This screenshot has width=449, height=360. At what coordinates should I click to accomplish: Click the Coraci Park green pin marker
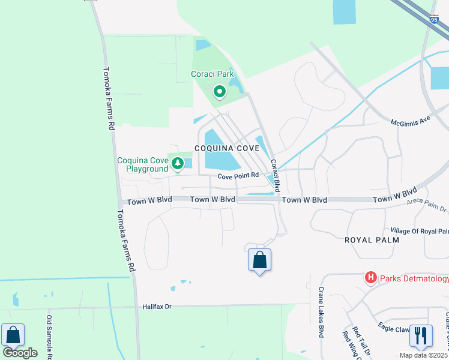coord(220,92)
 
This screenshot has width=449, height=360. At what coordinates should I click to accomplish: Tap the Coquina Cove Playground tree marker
coord(178,163)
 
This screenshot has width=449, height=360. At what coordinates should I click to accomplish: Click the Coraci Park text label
coord(212,74)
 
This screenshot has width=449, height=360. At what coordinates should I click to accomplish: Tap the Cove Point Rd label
coord(238,176)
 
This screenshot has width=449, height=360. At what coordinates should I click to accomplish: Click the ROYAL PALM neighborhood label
coord(372,239)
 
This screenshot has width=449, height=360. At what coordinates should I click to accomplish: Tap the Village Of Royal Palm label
coord(419,231)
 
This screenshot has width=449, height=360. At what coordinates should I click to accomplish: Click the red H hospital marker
coord(371,277)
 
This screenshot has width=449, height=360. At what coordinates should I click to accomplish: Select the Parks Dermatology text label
coord(414,278)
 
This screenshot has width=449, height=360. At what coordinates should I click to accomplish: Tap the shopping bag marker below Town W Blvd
coord(259,260)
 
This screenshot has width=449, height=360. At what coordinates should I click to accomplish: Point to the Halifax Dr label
coord(157,307)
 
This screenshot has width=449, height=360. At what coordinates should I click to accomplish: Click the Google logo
coord(20,352)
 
